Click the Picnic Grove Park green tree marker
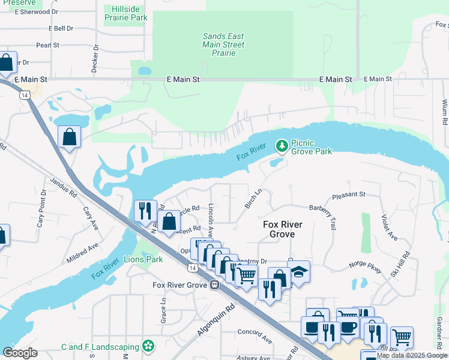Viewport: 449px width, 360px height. pos(281,145)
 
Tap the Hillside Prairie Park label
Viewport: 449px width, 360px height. pos(125,13)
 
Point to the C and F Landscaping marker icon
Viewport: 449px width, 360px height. pos(148,346)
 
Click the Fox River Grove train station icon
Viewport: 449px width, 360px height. pos(214,286)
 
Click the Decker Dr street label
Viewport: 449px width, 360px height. pos(95,59)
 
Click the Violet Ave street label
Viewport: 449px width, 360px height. pos(389,228)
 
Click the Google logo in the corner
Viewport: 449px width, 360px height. pos(20,352)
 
